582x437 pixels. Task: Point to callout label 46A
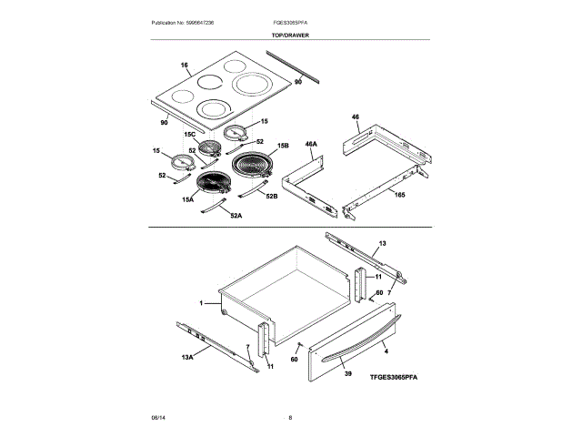click(x=311, y=144)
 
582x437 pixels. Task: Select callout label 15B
click(x=283, y=145)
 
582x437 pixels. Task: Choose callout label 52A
click(x=236, y=216)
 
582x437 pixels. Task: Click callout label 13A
click(x=187, y=357)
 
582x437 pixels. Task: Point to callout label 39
click(x=346, y=373)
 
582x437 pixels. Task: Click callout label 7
click(x=389, y=291)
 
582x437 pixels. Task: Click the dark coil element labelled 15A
click(x=216, y=183)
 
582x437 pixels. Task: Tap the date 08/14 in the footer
click(x=156, y=417)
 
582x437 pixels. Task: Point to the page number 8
click(x=289, y=417)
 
